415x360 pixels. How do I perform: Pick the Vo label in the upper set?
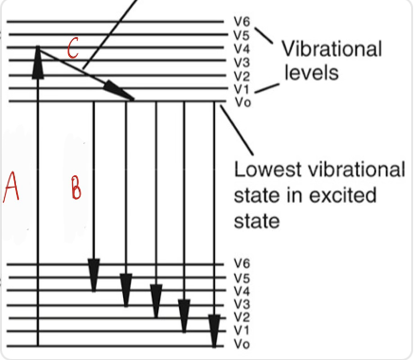[x=242, y=100]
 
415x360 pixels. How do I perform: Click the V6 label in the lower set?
[x=242, y=262]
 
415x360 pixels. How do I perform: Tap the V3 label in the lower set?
[x=242, y=303]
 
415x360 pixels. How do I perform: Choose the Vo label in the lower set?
[x=242, y=343]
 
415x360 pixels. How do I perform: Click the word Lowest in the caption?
[x=268, y=171]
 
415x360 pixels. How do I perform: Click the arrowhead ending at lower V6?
[x=94, y=274]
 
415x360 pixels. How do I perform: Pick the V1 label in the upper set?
[x=242, y=88]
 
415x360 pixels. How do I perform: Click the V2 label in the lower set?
[x=242, y=316]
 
